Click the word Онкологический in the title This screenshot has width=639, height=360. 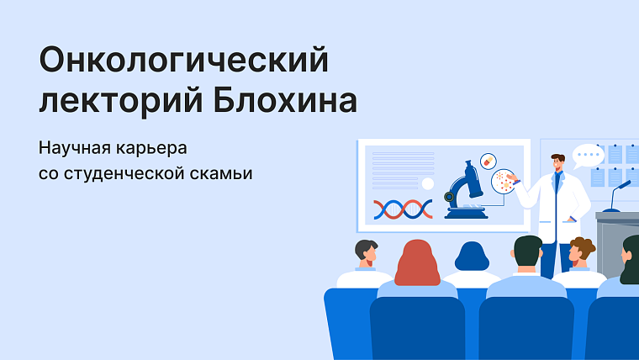(x=184, y=61)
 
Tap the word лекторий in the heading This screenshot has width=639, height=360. (x=121, y=100)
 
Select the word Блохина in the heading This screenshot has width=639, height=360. (x=285, y=100)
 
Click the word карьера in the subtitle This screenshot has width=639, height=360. (x=151, y=149)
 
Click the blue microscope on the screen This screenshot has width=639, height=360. (x=466, y=190)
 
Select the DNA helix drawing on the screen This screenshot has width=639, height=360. (x=403, y=209)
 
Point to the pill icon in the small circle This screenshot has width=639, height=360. (x=488, y=161)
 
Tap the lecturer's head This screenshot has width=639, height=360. (x=557, y=162)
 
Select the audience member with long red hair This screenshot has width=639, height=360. (x=417, y=263)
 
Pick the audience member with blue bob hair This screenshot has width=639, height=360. (x=472, y=256)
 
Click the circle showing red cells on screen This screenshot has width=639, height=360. (x=504, y=181)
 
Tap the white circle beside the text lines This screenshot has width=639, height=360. (x=427, y=184)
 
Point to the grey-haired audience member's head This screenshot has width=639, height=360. (x=367, y=251)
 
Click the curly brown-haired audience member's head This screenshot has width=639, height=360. (x=581, y=250)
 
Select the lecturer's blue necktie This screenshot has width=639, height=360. (x=557, y=182)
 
